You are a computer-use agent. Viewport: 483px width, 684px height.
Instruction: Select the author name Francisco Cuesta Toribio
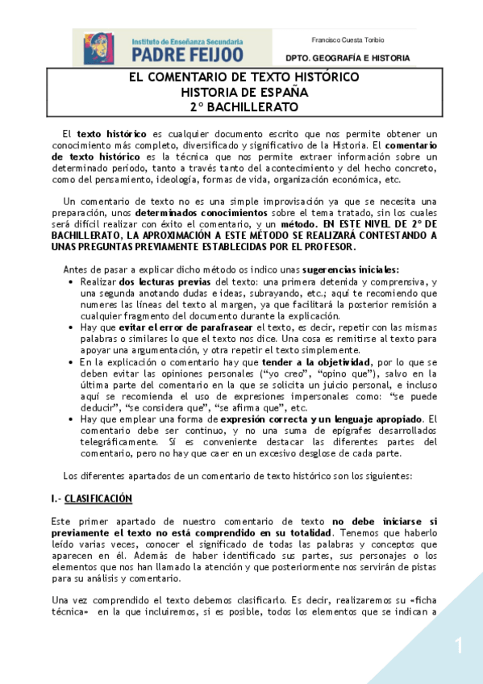(x=348, y=40)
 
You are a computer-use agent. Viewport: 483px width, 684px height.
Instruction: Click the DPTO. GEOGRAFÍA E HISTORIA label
(x=348, y=58)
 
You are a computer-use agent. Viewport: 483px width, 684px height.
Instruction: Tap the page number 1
(x=459, y=645)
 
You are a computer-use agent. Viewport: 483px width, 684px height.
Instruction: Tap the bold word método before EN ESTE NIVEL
(x=295, y=223)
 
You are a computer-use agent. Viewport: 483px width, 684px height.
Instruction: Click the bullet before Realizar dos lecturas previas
(x=73, y=282)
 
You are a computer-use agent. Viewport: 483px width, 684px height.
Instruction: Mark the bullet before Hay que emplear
(x=73, y=420)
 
